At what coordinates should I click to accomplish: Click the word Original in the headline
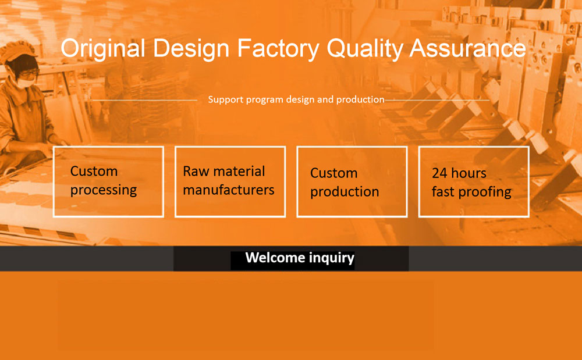(x=103, y=49)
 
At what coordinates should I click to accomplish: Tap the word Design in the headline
(x=191, y=49)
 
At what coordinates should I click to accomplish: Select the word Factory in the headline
(x=278, y=49)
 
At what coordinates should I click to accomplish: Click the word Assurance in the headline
(x=468, y=48)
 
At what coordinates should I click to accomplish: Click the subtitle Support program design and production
(x=296, y=99)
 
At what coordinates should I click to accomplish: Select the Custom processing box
(x=108, y=181)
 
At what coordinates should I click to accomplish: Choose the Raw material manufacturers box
(x=230, y=181)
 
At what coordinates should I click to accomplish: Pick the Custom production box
(x=352, y=181)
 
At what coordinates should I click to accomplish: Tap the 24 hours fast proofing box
(x=474, y=181)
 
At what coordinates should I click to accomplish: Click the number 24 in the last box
(x=439, y=173)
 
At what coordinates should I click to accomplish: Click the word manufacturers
(x=229, y=190)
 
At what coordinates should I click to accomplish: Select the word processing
(x=104, y=190)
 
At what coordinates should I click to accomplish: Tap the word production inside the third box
(x=345, y=192)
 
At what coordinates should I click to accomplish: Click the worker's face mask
(x=26, y=83)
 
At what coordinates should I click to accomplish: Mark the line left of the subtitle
(x=145, y=100)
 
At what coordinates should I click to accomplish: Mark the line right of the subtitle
(x=437, y=100)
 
